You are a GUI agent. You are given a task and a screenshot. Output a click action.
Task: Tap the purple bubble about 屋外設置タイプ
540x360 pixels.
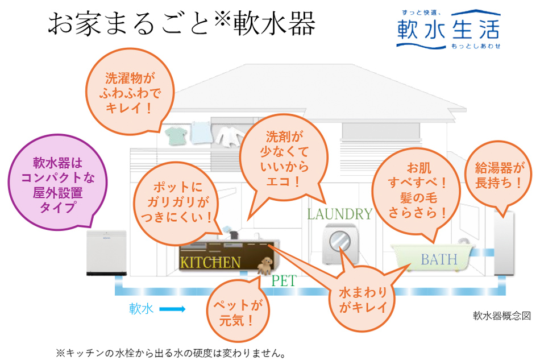click(57, 185)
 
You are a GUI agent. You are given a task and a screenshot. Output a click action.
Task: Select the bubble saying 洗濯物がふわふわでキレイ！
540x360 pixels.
click(130, 92)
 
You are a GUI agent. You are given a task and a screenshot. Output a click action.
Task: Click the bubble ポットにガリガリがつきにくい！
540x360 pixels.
click(178, 201)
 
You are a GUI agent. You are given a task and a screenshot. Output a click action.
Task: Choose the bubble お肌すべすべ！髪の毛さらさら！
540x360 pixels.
click(416, 190)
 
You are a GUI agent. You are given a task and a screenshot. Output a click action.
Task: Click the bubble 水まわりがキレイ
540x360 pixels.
click(362, 300)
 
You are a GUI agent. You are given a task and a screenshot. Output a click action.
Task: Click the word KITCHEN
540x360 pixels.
click(210, 262)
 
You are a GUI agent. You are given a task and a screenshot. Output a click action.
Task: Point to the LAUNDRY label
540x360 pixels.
click(339, 214)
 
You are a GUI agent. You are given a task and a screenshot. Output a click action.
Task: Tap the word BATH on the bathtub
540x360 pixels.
click(439, 260)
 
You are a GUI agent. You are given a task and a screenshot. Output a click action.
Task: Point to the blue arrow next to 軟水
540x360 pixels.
click(172, 310)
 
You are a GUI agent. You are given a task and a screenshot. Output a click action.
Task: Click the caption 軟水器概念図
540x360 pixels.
click(501, 316)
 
